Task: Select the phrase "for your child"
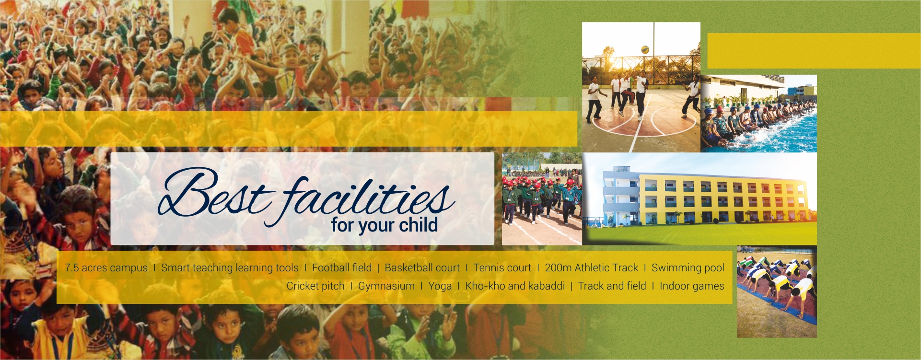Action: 385,225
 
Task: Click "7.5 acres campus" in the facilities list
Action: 106,268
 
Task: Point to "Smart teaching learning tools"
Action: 230,268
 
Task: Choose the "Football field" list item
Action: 342,267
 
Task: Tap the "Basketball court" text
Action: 422,267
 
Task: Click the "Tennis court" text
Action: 502,267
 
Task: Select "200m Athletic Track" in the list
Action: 592,267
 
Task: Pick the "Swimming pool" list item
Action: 688,268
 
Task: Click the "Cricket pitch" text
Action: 315,286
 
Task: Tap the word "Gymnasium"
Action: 386,286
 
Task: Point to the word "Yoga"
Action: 440,286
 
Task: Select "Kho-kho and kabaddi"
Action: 515,286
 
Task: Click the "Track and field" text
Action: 612,286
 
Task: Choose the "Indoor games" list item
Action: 692,286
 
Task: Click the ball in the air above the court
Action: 645,49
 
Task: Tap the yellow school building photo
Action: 700,199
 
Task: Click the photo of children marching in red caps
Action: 542,199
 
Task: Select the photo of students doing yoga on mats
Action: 777,291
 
